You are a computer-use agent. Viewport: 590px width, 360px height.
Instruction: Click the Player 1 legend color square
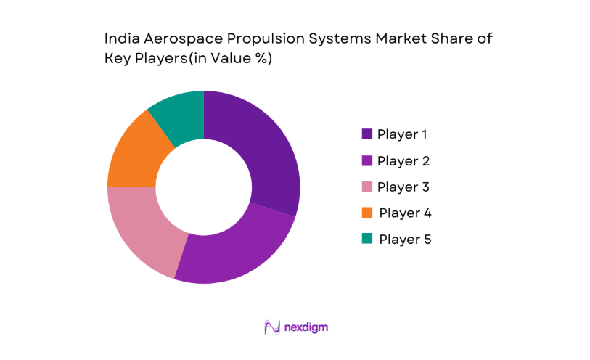[x=367, y=134]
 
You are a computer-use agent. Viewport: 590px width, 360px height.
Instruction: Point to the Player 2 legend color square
[x=367, y=160]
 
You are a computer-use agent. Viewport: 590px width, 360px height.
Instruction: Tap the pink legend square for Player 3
[x=367, y=187]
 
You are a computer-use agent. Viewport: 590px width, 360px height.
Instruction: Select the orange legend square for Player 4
[x=367, y=213]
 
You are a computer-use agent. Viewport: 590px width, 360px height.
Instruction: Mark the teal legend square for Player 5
[x=367, y=239]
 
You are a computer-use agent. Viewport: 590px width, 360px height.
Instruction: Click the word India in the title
[x=121, y=39]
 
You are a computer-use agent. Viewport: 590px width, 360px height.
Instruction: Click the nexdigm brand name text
[x=307, y=327]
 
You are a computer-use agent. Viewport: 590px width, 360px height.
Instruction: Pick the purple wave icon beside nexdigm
[x=273, y=327]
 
